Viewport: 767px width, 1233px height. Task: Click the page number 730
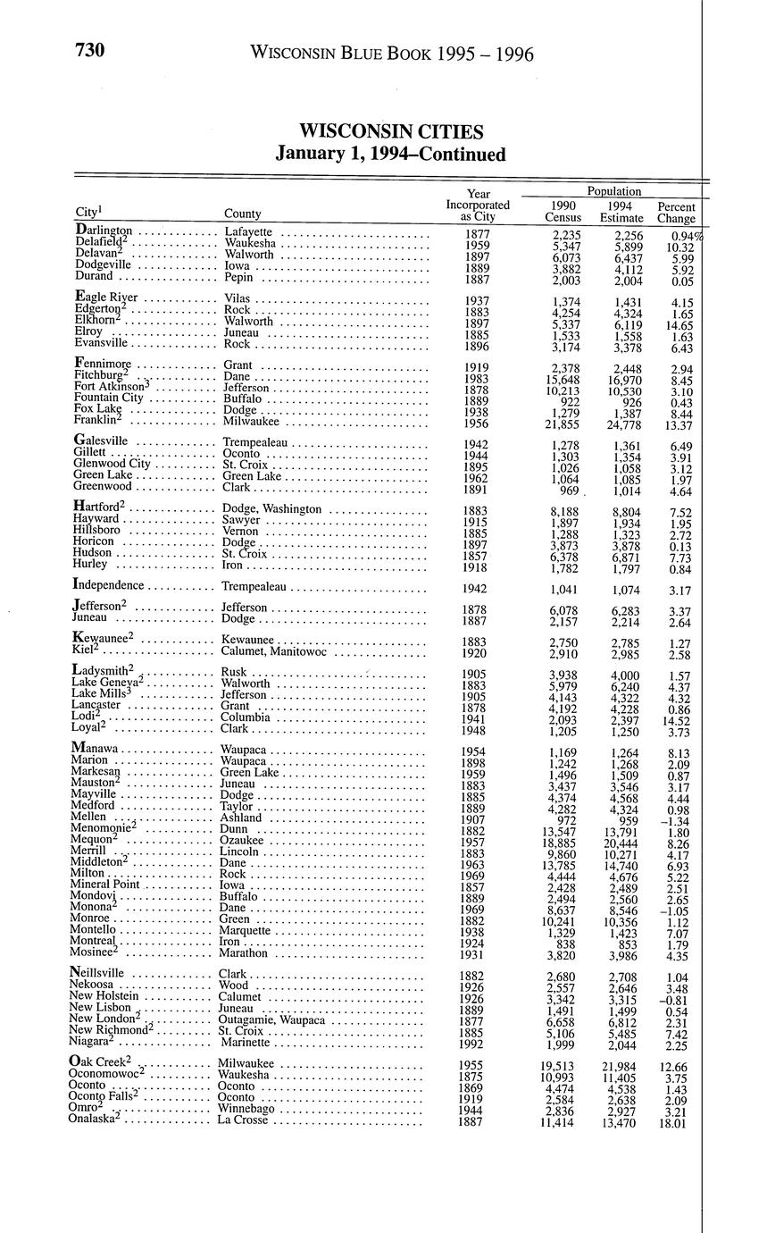[90, 51]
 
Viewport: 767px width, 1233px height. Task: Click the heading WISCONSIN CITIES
[391, 132]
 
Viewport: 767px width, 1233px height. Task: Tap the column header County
[243, 214]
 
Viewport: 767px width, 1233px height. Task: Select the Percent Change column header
[676, 212]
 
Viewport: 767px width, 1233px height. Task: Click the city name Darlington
[104, 231]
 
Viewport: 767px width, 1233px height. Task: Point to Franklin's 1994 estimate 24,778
[621, 424]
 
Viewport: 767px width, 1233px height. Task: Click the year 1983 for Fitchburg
[478, 379]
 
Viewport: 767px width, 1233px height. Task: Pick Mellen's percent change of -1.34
[676, 820]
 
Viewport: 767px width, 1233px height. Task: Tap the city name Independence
[108, 585]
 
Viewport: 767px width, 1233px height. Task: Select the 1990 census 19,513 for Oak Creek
[563, 1066]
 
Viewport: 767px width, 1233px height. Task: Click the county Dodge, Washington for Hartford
[271, 508]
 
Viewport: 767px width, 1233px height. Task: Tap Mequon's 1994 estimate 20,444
[621, 842]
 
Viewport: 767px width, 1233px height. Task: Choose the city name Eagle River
[107, 298]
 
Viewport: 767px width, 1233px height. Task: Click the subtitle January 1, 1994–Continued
[391, 155]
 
